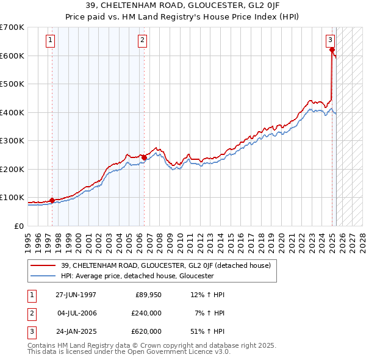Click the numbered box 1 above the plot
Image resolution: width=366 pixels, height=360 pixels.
click(x=49, y=41)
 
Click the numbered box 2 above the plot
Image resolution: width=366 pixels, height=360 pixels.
click(x=142, y=41)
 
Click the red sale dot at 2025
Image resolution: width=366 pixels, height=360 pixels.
click(x=332, y=50)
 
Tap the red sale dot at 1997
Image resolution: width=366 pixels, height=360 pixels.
click(x=52, y=200)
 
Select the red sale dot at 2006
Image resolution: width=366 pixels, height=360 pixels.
click(x=144, y=157)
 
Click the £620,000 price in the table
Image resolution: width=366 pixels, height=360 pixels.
click(x=146, y=331)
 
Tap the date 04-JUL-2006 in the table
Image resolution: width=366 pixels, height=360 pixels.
click(x=76, y=313)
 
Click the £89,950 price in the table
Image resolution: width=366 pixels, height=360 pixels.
click(x=148, y=295)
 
